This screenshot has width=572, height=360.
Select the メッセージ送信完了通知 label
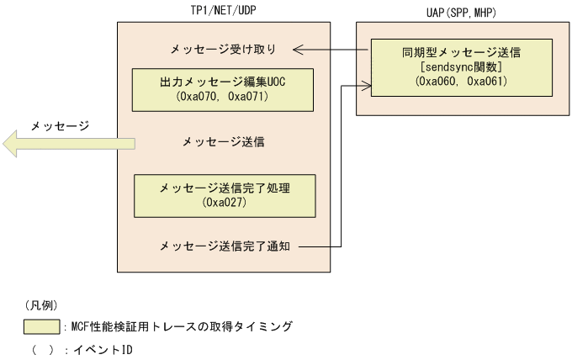pyautogui.click(x=225, y=246)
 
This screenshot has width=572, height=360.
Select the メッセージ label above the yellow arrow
pyautogui.click(x=60, y=125)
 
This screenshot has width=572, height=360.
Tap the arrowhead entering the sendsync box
pyautogui.click(x=368, y=82)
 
